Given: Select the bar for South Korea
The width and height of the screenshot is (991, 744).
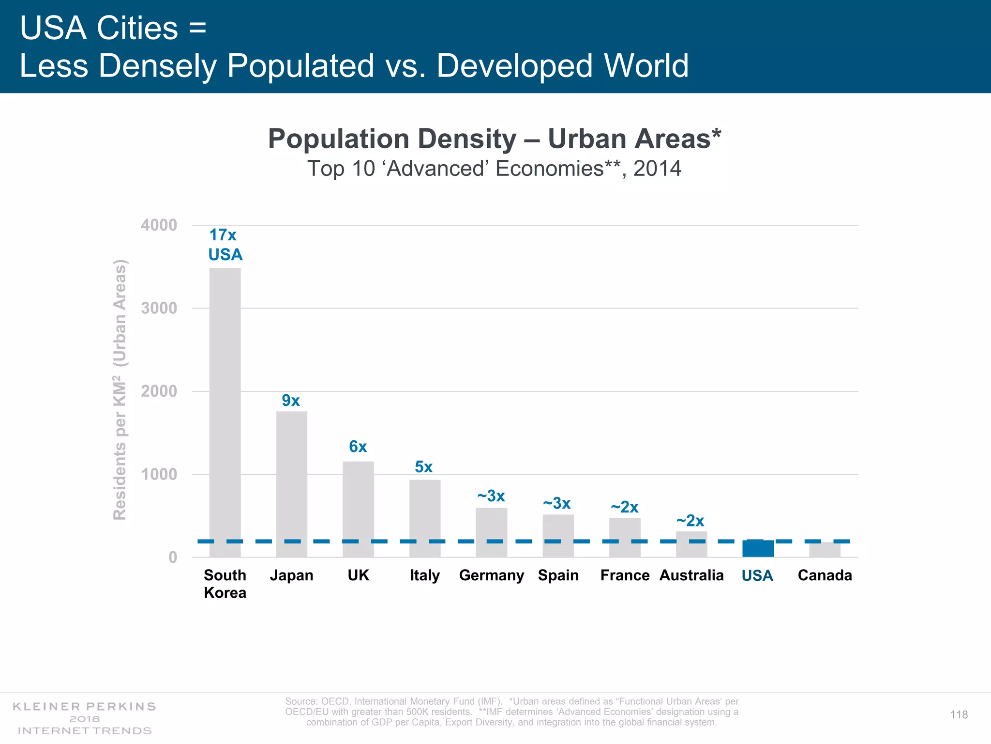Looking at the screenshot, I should pyautogui.click(x=225, y=412).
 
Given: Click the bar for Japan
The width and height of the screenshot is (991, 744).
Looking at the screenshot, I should pyautogui.click(x=291, y=484).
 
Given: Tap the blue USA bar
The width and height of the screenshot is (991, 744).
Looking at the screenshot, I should pyautogui.click(x=758, y=549).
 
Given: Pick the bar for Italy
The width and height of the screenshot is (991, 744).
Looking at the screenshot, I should pyautogui.click(x=425, y=518).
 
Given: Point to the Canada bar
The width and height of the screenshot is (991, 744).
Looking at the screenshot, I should pyautogui.click(x=825, y=550).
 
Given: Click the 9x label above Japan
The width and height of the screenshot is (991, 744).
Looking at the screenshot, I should pyautogui.click(x=291, y=401).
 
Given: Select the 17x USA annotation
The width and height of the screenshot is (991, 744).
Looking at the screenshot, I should pyautogui.click(x=225, y=245).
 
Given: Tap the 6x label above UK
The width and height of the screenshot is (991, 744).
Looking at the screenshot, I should pyautogui.click(x=358, y=447).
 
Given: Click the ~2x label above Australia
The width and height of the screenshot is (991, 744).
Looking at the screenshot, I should pyautogui.click(x=691, y=521).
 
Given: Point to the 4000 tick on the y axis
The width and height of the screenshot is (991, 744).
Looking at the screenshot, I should pyautogui.click(x=159, y=225).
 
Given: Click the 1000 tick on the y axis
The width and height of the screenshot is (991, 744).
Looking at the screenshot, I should pyautogui.click(x=159, y=474).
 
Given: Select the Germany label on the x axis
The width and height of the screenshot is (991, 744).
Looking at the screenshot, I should pyautogui.click(x=491, y=575).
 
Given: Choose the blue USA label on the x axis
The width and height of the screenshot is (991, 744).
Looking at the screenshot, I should pyautogui.click(x=757, y=576).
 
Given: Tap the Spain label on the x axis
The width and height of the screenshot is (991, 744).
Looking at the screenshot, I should pyautogui.click(x=558, y=575).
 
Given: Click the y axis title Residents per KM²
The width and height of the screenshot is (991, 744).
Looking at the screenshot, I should pyautogui.click(x=120, y=390).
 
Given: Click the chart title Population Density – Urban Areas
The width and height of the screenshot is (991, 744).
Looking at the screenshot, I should pyautogui.click(x=494, y=139).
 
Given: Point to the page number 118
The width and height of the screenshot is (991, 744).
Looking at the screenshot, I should pyautogui.click(x=959, y=715).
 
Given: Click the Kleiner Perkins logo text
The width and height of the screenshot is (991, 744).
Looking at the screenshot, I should pyautogui.click(x=84, y=707).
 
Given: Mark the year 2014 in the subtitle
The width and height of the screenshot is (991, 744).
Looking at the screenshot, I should pyautogui.click(x=657, y=169).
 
